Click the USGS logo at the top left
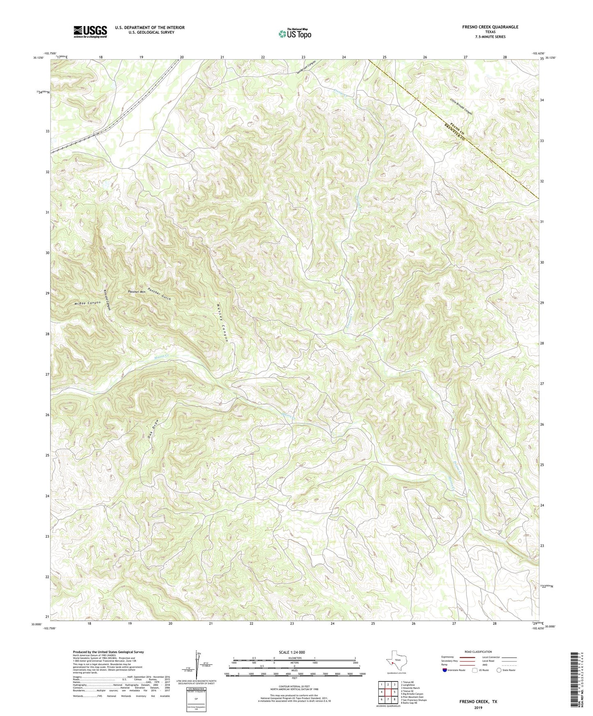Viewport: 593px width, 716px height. (90, 32)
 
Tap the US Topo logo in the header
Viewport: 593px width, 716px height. (294, 34)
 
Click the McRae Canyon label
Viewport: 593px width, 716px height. (87, 303)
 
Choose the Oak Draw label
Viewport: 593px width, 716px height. (153, 429)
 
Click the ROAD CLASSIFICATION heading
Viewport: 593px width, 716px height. (478, 652)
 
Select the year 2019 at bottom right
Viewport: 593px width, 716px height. (478, 708)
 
